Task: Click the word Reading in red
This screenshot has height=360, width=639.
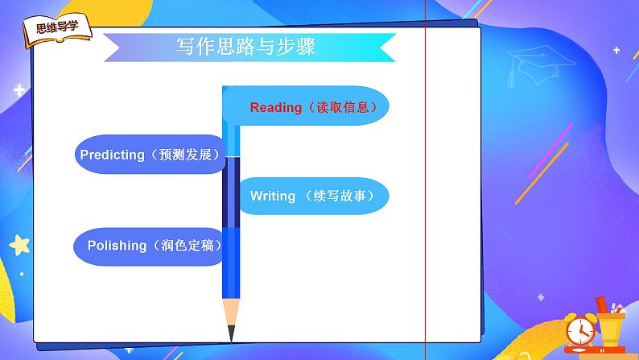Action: [x=275, y=108]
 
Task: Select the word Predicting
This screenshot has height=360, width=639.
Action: [x=112, y=155]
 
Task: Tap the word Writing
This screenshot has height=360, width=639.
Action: [x=273, y=196]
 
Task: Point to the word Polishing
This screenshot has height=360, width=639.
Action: [x=117, y=246]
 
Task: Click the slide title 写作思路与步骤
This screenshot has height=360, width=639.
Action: [x=245, y=47]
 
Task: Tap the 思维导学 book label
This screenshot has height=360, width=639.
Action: [x=57, y=31]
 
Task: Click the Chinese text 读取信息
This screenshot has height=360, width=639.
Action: [x=342, y=107]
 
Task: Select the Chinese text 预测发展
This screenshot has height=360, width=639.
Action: [x=185, y=155]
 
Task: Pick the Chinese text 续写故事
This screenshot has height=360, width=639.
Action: [x=340, y=196]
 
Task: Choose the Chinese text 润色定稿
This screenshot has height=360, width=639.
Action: [x=188, y=245]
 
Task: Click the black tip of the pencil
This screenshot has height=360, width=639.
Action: [x=231, y=333]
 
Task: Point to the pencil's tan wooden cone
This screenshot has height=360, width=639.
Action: [x=231, y=312]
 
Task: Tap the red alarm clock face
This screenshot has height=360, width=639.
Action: [x=580, y=331]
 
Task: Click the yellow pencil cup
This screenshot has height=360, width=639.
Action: [x=610, y=329]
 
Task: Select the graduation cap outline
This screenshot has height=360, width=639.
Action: [x=538, y=65]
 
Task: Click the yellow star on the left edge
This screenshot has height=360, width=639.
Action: [x=19, y=245]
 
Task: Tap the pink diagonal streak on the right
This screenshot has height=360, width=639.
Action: [x=550, y=151]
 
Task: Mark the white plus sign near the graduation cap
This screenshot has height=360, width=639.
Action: [x=616, y=50]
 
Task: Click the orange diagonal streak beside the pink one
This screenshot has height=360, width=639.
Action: [x=542, y=173]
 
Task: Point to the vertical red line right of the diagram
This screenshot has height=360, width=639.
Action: [x=426, y=180]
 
